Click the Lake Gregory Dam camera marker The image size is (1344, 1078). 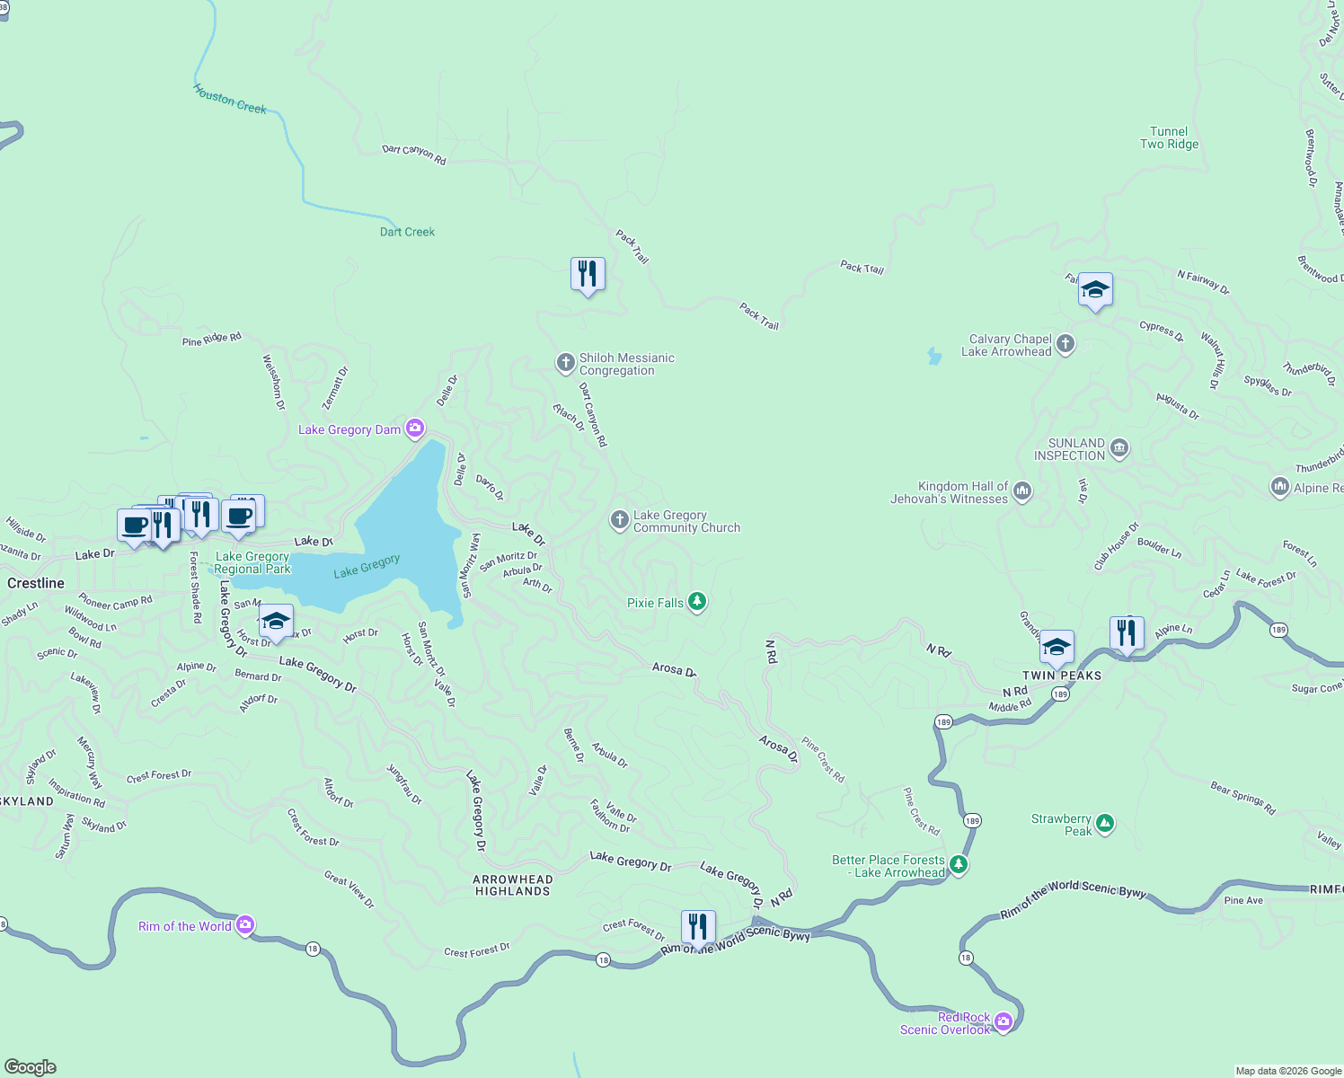click(415, 429)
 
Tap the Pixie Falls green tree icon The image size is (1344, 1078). click(696, 602)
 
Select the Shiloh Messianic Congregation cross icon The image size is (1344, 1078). click(565, 363)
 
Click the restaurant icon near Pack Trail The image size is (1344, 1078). click(588, 274)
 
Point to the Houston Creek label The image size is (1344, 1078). click(230, 99)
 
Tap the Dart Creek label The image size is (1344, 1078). click(407, 232)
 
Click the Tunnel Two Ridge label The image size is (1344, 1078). click(1169, 137)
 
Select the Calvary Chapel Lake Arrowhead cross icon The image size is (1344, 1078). click(1065, 344)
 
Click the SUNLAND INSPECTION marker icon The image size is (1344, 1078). click(1119, 448)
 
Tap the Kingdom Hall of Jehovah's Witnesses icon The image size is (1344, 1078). click(1022, 491)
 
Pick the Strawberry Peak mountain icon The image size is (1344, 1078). click(1105, 824)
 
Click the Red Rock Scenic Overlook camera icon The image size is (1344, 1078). click(1004, 1022)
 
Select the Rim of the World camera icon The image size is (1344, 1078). click(245, 925)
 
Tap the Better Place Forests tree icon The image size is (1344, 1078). click(959, 865)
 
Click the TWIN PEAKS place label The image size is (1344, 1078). click(1061, 676)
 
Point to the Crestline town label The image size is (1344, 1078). click(36, 583)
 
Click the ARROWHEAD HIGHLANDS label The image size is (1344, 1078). click(512, 885)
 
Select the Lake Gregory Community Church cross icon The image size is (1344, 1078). click(619, 520)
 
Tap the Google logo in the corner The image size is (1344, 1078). click(31, 1066)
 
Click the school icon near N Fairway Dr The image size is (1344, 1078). click(1094, 290)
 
